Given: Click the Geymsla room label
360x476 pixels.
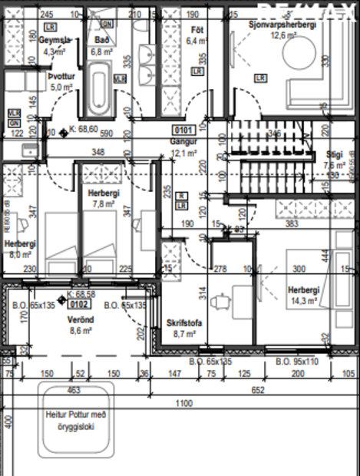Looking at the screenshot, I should [x=54, y=40].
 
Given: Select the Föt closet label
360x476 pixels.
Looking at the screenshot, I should [x=196, y=30].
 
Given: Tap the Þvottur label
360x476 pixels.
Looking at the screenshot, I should [x=61, y=77].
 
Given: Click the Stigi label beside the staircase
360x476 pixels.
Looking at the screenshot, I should [x=334, y=154].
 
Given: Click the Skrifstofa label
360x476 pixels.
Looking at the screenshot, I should [x=185, y=323].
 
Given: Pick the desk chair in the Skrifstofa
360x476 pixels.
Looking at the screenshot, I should [x=223, y=301].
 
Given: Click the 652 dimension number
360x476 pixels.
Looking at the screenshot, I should [x=258, y=390].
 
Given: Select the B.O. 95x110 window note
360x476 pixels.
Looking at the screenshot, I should [x=296, y=360].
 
